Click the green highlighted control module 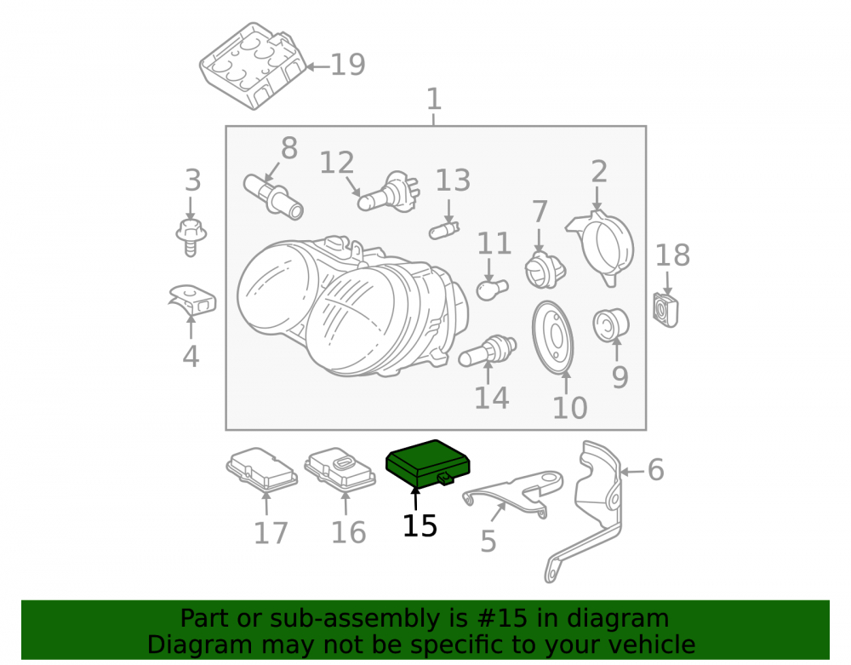[427, 463]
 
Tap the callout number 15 [420, 525]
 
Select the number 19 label [347, 65]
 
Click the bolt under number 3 [191, 238]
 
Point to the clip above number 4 [192, 301]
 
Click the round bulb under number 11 [492, 289]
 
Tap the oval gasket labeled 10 [552, 338]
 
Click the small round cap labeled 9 [610, 325]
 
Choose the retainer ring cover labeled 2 [602, 248]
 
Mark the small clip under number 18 [665, 311]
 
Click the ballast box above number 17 [262, 468]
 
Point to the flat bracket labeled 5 [513, 491]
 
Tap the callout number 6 [655, 469]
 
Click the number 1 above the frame [434, 100]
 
